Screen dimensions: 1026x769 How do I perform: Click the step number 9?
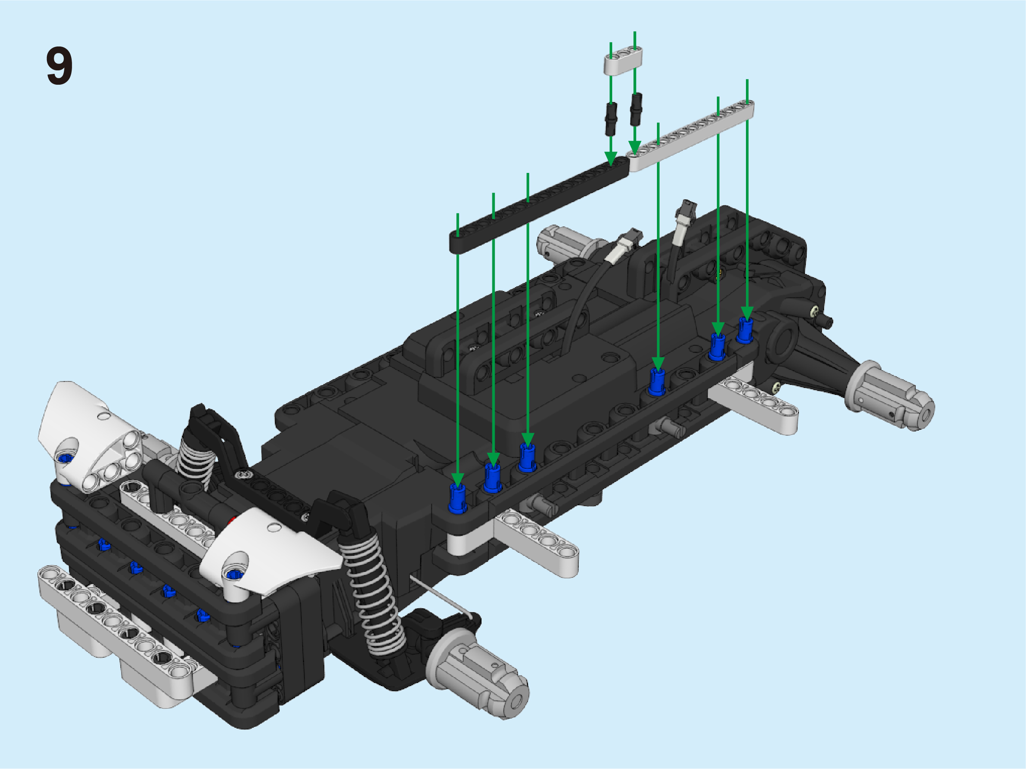click(59, 66)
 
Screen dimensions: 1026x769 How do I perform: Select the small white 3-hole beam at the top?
click(623, 60)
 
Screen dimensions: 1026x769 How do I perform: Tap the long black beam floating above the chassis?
click(539, 205)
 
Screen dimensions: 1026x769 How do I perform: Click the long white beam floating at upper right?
click(690, 135)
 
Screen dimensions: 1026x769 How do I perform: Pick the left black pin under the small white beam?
click(611, 119)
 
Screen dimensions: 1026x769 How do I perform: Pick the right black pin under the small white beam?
click(636, 109)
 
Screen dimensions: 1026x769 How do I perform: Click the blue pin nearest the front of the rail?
click(457, 498)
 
